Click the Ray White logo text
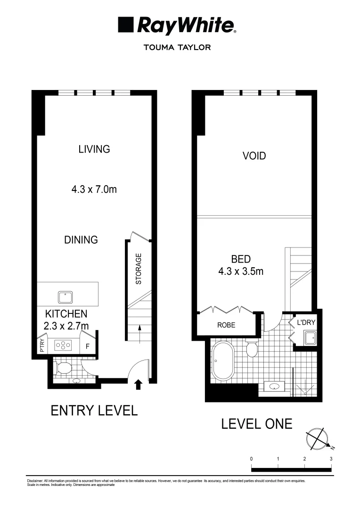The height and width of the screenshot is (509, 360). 185,25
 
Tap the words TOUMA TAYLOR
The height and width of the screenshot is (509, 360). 180,47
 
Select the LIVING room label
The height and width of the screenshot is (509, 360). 94,149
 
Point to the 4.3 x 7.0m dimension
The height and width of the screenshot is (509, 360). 94,190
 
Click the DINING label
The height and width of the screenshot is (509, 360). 81,239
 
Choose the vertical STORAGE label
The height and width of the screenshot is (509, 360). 139,269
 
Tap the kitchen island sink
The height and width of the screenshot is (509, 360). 65,297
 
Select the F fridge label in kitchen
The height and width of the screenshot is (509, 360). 87,347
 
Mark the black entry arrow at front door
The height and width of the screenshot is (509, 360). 138,385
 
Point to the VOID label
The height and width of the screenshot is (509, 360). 254,156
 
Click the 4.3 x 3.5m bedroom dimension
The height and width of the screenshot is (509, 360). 241,271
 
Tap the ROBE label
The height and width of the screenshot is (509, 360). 226,325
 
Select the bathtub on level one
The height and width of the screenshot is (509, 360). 223,361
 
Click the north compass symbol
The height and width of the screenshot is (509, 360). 317,439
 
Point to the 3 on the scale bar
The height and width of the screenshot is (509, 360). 331,459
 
